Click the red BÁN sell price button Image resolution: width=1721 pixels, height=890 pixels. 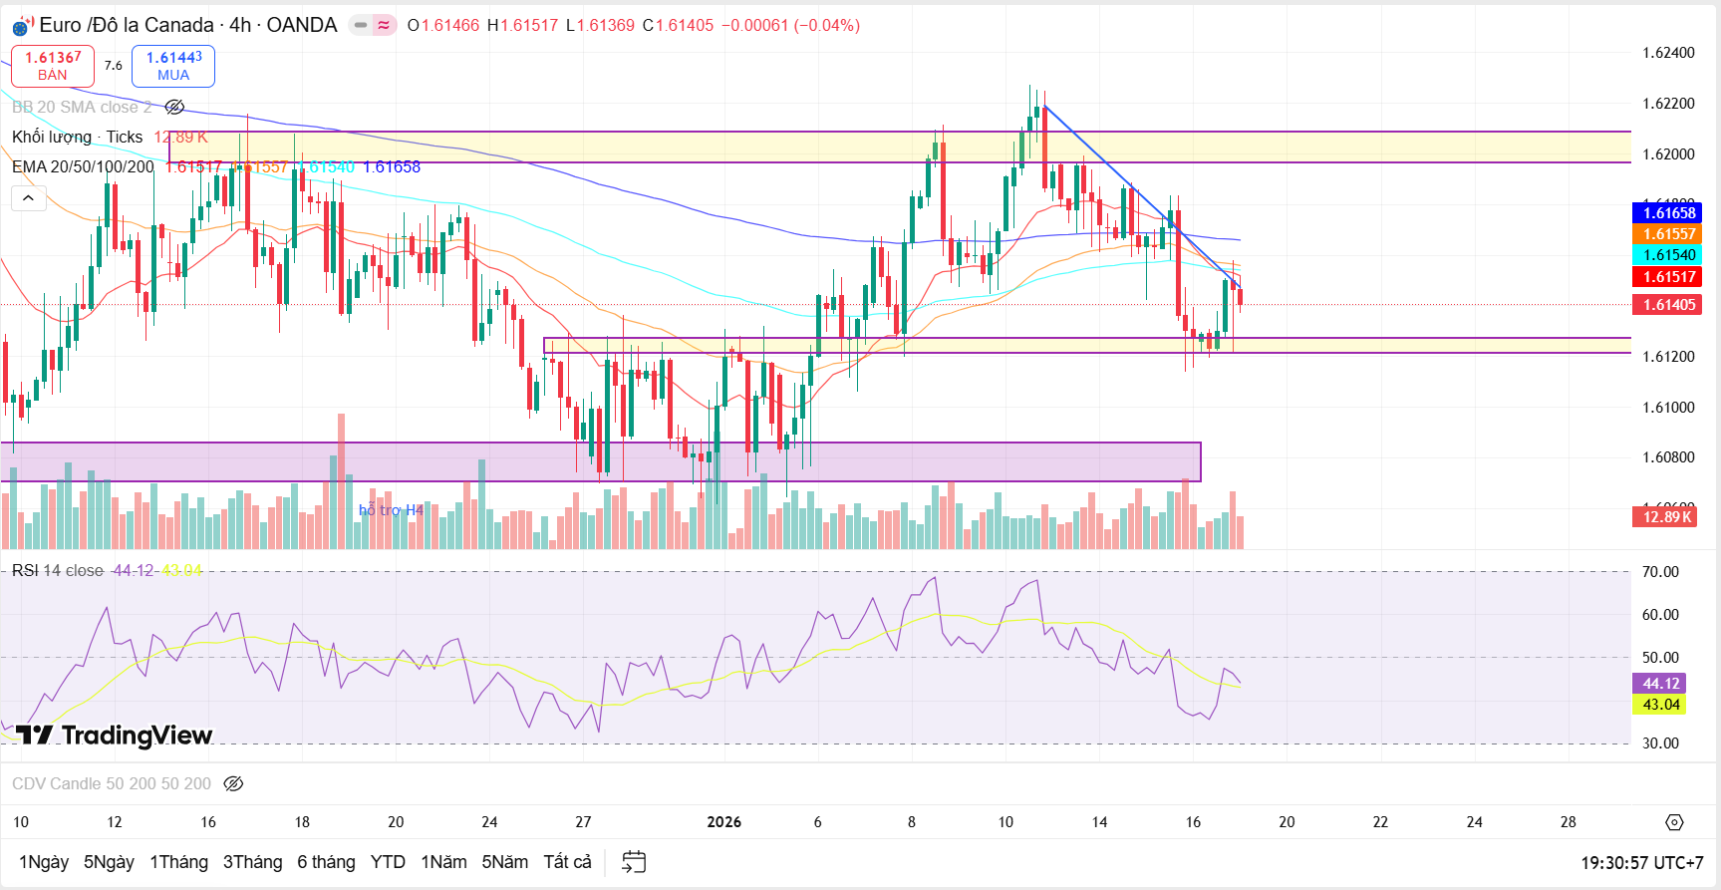53,66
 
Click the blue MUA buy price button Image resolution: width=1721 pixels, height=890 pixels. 173,66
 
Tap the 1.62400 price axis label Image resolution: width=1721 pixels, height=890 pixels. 1668,53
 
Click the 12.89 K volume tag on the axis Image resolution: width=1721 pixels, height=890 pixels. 1664,516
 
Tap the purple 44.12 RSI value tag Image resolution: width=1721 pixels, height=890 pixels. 1660,684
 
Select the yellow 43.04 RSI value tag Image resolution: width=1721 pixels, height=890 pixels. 1660,705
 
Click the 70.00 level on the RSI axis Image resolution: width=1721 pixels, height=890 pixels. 1660,572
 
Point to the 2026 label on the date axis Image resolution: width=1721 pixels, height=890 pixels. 723,822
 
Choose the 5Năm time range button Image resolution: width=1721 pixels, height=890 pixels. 504,862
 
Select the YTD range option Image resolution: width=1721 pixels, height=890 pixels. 388,862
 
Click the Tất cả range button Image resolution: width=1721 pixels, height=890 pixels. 567,862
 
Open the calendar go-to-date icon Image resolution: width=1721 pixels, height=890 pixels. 634,862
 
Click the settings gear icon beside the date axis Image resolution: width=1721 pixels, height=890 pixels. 1674,822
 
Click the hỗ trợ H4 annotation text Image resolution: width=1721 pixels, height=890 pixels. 391,510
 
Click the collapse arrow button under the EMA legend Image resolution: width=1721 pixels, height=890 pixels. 28,198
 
